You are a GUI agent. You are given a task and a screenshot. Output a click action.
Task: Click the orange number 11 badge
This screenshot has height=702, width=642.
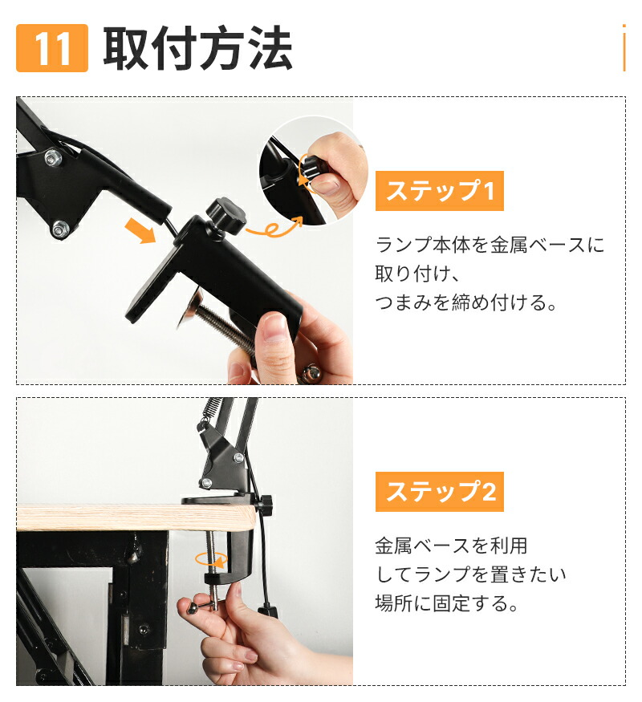(x=52, y=49)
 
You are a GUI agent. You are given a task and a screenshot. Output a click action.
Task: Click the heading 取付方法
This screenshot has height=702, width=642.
(x=197, y=49)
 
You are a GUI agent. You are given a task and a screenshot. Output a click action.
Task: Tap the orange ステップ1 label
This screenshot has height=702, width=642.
(x=439, y=192)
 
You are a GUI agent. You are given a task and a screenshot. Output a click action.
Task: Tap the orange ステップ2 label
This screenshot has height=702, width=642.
(x=439, y=492)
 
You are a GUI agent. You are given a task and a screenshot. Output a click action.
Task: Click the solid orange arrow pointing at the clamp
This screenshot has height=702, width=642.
(x=141, y=230)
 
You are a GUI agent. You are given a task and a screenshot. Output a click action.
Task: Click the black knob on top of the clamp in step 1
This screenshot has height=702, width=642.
(x=225, y=213)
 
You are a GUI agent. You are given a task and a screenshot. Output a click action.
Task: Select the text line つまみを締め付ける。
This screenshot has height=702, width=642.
(x=466, y=303)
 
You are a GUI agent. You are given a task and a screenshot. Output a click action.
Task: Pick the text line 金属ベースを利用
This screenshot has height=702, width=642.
(x=451, y=546)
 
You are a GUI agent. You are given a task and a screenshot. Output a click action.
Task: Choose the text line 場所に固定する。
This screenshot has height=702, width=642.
(x=447, y=603)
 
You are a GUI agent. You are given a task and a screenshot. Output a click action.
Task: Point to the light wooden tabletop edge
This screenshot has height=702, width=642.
(x=96, y=517)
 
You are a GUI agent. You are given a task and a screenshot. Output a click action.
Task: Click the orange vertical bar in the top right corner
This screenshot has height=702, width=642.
(x=624, y=48)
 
